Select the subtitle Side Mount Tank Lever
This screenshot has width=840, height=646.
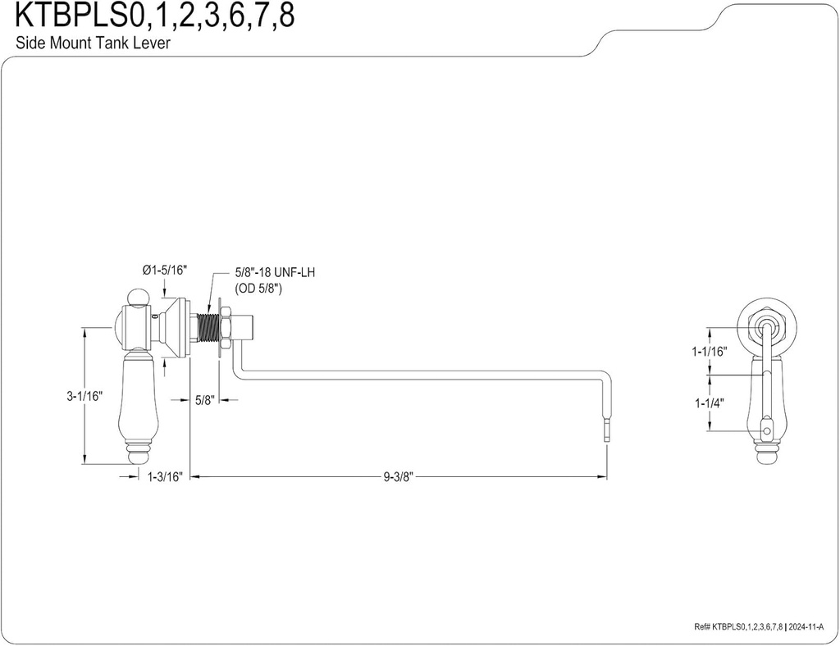point(93,43)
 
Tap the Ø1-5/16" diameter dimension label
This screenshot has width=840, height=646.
point(165,269)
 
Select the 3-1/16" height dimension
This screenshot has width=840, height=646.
point(84,396)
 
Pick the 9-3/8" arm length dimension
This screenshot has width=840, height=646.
point(398,475)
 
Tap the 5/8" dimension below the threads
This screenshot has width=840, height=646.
point(204,400)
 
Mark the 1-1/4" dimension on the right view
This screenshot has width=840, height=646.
point(710,403)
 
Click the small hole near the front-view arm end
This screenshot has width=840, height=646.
point(769,430)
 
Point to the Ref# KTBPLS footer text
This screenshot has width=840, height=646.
point(734,627)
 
